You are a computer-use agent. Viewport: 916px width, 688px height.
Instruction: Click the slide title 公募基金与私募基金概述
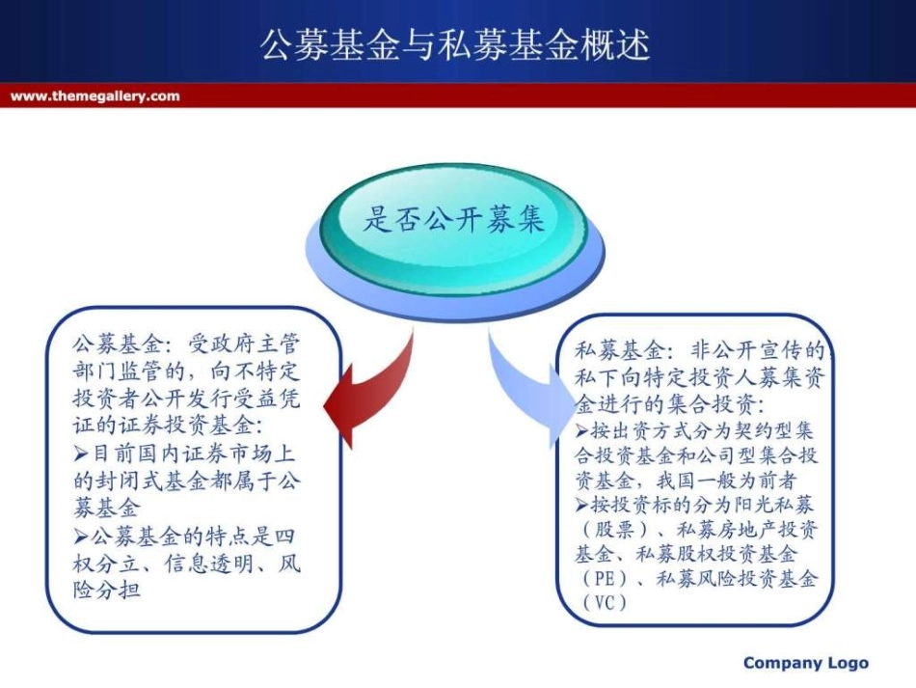[x=455, y=44]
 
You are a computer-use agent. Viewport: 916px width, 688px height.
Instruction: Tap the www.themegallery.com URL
[x=94, y=96]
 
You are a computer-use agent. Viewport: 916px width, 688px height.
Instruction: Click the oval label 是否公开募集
[x=454, y=220]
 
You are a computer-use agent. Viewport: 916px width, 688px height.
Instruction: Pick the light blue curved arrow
[x=525, y=386]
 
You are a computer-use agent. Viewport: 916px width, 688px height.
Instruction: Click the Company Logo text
[x=806, y=663]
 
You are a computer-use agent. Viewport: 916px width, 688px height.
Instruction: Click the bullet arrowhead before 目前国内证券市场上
[x=82, y=453]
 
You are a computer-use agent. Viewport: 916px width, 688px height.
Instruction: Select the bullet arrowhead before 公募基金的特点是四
[x=82, y=535]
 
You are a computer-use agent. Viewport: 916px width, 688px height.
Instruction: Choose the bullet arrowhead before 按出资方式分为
[x=582, y=430]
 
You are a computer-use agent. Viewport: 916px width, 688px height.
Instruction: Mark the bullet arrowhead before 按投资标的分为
[x=582, y=504]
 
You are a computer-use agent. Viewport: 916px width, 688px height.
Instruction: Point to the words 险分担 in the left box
[x=107, y=590]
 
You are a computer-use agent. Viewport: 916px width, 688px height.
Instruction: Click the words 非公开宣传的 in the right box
[x=757, y=350]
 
